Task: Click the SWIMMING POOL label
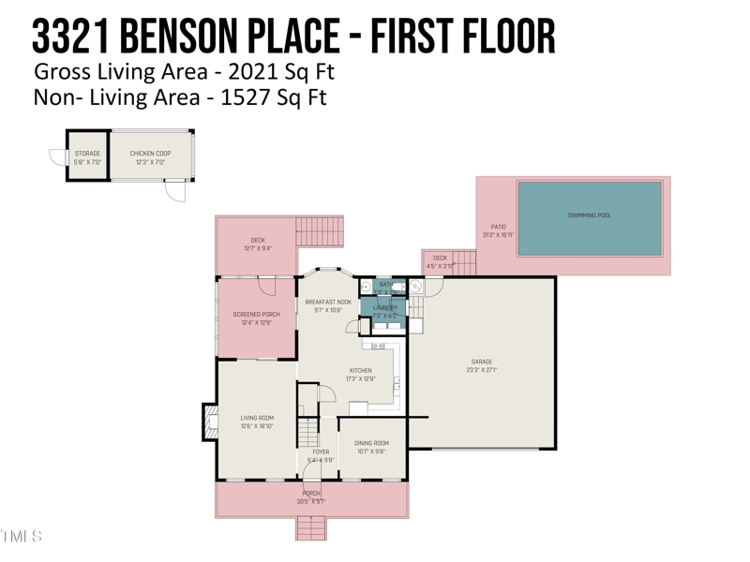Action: point(589,215)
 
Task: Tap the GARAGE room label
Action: point(482,362)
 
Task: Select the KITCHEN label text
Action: point(361,371)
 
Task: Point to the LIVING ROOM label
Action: point(257,418)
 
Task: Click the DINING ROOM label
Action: point(371,443)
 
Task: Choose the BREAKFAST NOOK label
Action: point(328,302)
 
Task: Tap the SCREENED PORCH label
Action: point(257,315)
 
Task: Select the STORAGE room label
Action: point(87,153)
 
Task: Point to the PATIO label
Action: point(499,227)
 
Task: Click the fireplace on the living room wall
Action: point(210,421)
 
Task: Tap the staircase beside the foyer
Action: point(308,433)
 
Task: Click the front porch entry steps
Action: point(311,529)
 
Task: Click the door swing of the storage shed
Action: point(58,156)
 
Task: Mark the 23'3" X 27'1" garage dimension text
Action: point(482,370)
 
